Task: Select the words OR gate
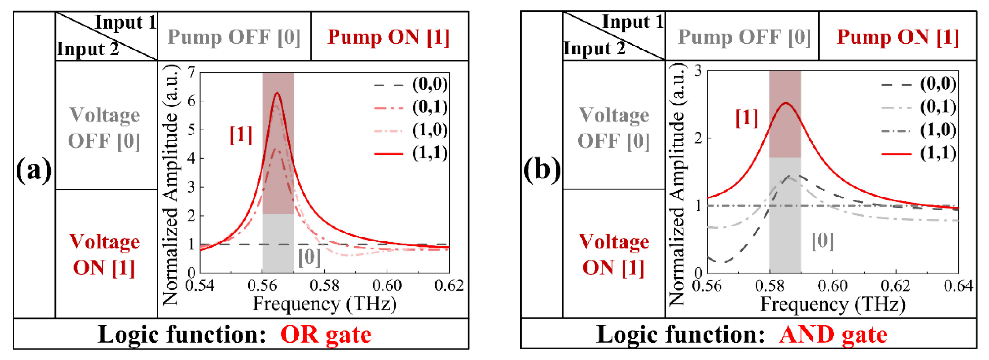(x=326, y=335)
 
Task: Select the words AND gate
(x=833, y=335)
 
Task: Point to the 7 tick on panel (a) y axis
(x=191, y=72)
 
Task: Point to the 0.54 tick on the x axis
(x=200, y=286)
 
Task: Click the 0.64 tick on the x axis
(x=958, y=286)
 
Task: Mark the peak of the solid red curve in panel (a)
(x=277, y=93)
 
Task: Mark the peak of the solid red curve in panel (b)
(x=786, y=103)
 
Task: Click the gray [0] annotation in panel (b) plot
(x=823, y=241)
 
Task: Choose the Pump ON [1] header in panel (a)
(x=388, y=37)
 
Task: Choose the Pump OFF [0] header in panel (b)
(x=744, y=37)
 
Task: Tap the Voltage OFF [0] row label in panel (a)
(x=104, y=127)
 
